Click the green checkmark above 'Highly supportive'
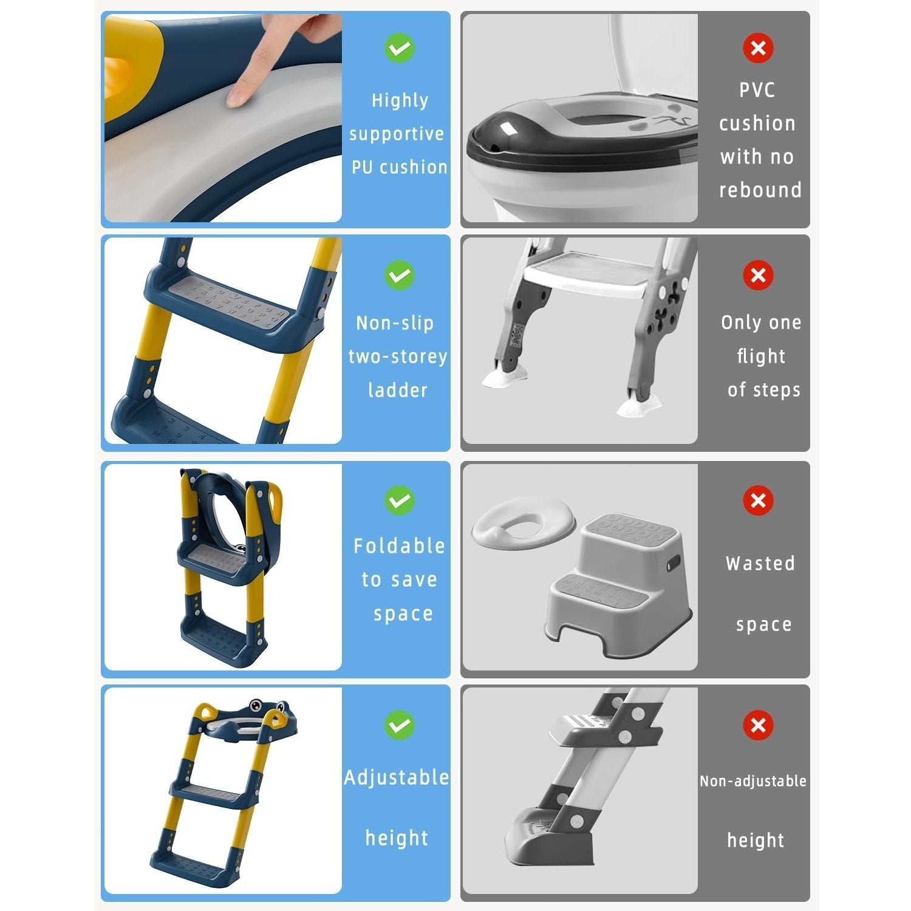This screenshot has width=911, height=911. tap(399, 47)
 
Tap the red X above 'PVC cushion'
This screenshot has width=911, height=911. tap(758, 47)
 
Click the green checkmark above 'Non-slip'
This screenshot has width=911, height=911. tap(399, 275)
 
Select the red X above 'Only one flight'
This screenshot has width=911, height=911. tap(758, 275)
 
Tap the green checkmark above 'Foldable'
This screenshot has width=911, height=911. tap(399, 500)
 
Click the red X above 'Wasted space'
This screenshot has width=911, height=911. tap(758, 500)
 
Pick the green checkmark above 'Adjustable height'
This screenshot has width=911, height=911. tap(399, 725)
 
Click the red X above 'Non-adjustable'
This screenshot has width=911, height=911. tap(758, 725)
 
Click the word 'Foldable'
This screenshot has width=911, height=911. tap(399, 546)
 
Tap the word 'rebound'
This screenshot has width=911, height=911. tap(760, 190)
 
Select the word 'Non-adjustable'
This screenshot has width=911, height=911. tap(752, 781)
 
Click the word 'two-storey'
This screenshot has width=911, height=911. tap(398, 357)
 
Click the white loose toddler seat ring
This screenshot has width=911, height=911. tap(523, 523)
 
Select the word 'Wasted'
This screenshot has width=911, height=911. tap(760, 564)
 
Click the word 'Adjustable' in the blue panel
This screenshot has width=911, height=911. tap(397, 777)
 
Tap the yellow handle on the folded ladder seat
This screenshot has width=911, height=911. tap(274, 502)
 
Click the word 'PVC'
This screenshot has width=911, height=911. tap(757, 90)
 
